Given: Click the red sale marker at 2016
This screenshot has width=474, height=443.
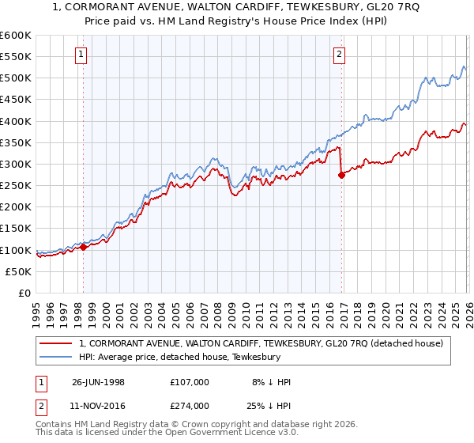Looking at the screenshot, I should click(x=341, y=176).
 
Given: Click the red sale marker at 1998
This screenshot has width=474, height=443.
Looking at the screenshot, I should click(x=84, y=247).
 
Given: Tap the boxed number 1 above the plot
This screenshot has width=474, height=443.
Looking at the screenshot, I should click(x=82, y=55).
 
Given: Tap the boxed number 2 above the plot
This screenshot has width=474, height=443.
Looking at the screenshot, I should click(x=339, y=55).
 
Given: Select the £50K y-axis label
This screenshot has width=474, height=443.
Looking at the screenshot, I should click(x=18, y=271).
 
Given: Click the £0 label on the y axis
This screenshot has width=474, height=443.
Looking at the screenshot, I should click(x=24, y=293).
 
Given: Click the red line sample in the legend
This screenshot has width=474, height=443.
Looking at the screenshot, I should click(x=57, y=343).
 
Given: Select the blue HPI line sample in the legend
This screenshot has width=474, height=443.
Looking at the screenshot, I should click(x=57, y=357).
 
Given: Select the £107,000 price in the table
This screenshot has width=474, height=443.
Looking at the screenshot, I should click(x=190, y=382).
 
